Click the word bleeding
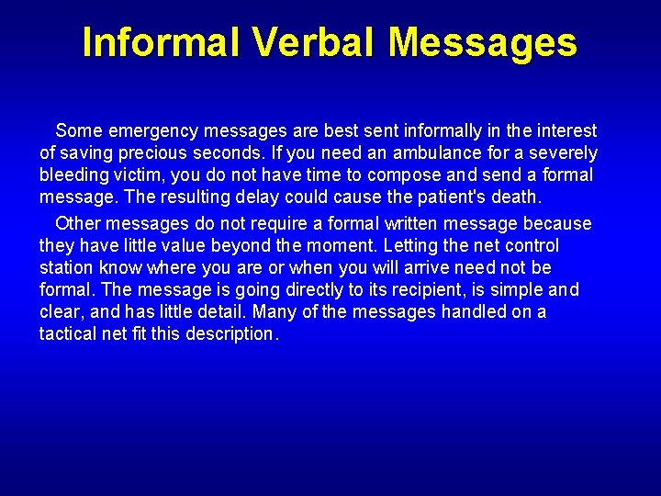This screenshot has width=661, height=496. [x=73, y=175]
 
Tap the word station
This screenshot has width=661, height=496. [x=67, y=267]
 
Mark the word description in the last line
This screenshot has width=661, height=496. [x=230, y=333]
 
